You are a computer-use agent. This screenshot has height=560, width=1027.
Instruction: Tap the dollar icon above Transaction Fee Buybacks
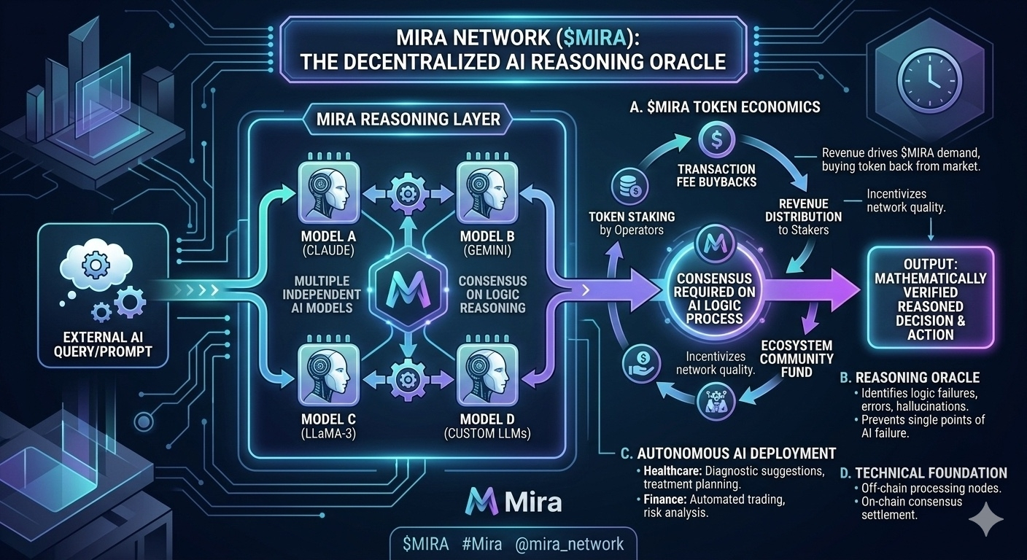[711, 139]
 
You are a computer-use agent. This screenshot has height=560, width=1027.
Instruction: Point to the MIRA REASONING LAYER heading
[408, 120]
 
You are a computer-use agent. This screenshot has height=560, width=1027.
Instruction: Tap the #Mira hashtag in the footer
[481, 544]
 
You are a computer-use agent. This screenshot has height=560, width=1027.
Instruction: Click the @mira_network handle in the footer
[571, 544]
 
